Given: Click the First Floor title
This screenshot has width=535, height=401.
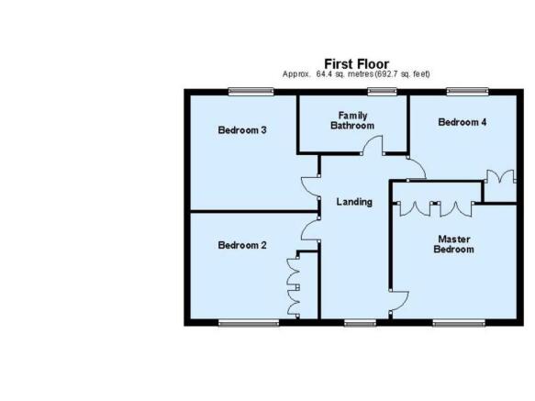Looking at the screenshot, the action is click(x=356, y=64).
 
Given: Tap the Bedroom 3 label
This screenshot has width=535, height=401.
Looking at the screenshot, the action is click(x=242, y=130).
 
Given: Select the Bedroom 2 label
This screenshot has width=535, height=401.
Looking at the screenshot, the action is click(x=242, y=245).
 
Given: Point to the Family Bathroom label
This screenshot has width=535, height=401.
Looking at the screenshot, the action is click(x=352, y=120).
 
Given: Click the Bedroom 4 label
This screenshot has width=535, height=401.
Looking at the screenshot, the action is click(x=463, y=122).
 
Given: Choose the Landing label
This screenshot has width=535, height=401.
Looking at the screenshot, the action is click(x=354, y=202).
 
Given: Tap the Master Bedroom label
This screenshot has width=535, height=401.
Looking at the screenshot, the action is click(x=454, y=244).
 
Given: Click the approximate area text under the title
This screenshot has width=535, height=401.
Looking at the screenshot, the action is click(x=356, y=74).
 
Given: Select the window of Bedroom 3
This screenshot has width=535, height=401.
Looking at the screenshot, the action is click(x=251, y=92).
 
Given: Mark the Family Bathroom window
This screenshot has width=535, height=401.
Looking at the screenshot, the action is click(x=383, y=92).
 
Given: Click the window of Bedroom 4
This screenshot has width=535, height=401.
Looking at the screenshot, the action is click(x=467, y=92).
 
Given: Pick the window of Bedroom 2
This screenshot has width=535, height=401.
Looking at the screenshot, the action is click(x=249, y=323).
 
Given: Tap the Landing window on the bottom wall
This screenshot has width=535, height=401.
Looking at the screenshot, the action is click(x=361, y=323).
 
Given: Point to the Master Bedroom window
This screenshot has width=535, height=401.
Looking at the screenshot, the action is click(x=459, y=323).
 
